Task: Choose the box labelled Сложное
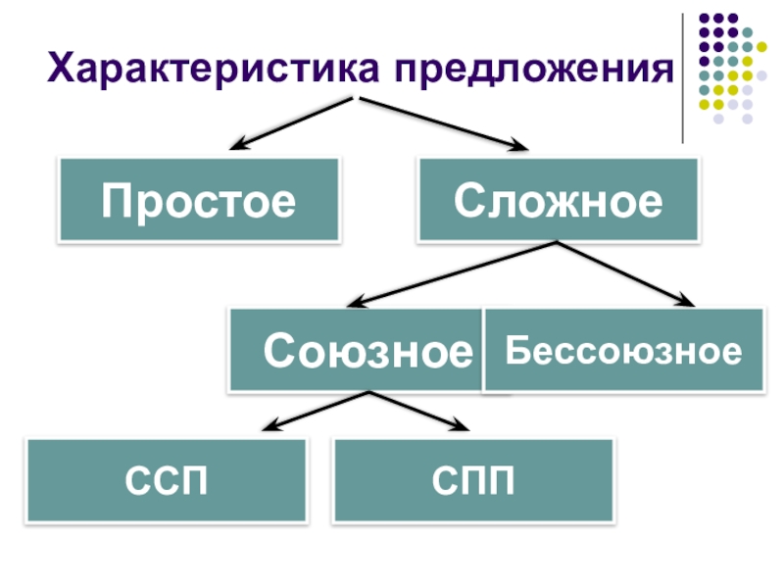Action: [558, 201]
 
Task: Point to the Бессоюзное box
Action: [623, 350]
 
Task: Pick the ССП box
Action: [166, 480]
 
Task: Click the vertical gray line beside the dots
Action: [683, 78]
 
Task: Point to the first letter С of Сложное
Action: [467, 202]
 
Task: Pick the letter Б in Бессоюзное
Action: [516, 351]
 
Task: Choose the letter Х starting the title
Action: [63, 70]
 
